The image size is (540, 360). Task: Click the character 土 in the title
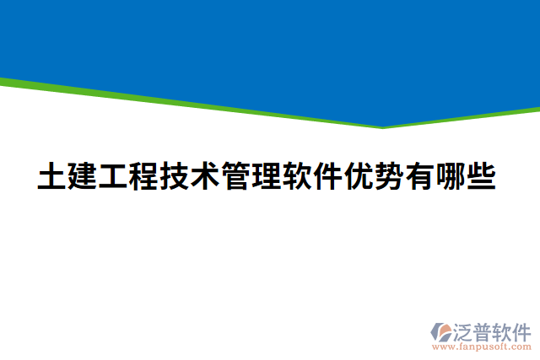(52, 178)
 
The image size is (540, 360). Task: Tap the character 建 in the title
(83, 178)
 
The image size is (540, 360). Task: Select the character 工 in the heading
(113, 178)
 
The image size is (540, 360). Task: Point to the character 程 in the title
(143, 178)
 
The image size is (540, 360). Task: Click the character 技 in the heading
(175, 178)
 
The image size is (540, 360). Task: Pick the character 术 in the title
(205, 178)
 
